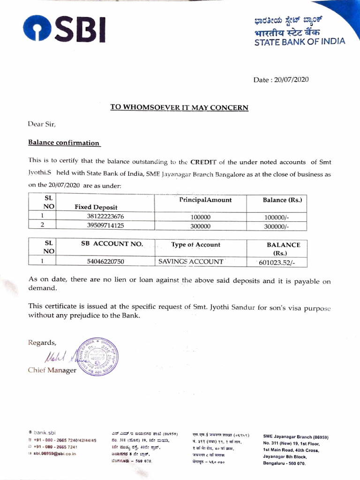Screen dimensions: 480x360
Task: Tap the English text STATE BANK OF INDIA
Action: [x=300, y=41]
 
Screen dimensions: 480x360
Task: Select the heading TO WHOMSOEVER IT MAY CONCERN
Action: [x=179, y=107]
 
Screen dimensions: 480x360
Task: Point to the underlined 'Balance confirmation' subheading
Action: [x=64, y=142]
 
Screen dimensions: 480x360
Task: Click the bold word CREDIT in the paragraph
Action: [x=203, y=162]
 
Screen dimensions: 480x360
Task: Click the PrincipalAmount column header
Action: [x=205, y=200]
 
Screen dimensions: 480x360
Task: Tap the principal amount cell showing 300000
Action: [x=201, y=226]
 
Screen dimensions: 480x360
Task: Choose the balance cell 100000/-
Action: [x=277, y=217]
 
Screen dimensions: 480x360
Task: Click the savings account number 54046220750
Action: [x=106, y=262]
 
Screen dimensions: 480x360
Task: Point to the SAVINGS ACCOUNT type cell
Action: [x=191, y=262]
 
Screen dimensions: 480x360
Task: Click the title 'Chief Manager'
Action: [x=52, y=370]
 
